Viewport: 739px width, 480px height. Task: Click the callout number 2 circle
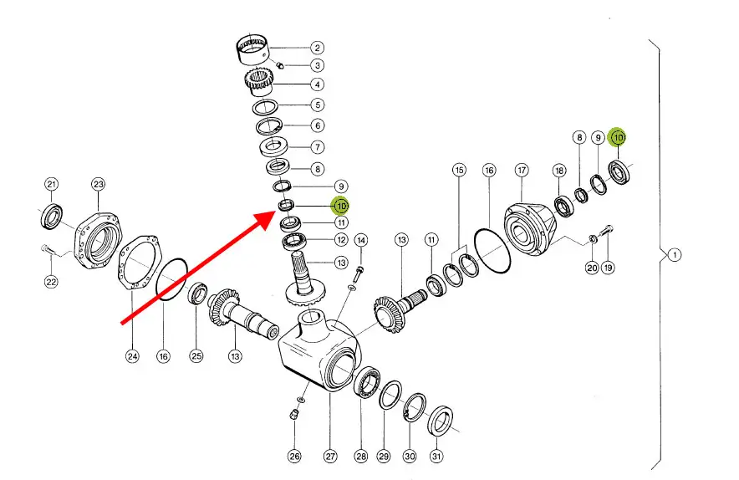tap(318, 48)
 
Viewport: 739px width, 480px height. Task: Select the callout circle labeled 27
tap(330, 456)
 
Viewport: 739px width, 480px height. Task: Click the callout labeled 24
tap(132, 357)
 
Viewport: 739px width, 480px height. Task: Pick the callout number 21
tap(51, 184)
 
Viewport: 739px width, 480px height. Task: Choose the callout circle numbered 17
tap(522, 171)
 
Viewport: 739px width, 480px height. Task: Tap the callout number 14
tap(361, 240)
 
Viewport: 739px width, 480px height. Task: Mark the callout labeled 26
tap(294, 456)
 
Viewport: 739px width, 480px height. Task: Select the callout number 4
tap(318, 84)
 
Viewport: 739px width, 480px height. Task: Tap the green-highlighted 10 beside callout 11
tap(340, 205)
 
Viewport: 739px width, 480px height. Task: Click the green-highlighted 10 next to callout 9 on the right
tap(619, 136)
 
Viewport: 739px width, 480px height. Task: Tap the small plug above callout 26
tap(294, 414)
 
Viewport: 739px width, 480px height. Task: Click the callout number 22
tap(51, 282)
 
